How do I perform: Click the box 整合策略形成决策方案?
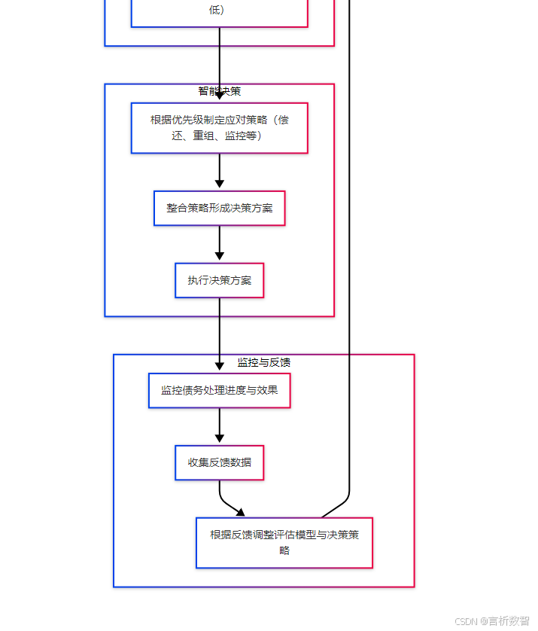[219, 208]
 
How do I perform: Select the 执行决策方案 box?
[219, 280]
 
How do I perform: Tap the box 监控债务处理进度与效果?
[219, 390]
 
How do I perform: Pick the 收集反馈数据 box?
[219, 462]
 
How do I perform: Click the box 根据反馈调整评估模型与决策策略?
[284, 542]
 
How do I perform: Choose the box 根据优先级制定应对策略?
[219, 128]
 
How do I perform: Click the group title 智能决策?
[219, 91]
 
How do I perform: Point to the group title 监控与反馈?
[263, 362]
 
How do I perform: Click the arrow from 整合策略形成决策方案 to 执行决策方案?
[219, 242]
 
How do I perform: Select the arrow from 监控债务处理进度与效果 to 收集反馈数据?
[219, 425]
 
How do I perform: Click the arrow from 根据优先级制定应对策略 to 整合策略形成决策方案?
[219, 169]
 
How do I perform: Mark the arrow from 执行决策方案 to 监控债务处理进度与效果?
[219, 331]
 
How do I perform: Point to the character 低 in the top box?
[217, 10]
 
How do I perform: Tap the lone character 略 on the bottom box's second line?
[284, 550]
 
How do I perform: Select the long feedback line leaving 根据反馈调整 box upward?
[349, 264]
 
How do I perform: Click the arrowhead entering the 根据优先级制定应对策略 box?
[219, 96]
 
